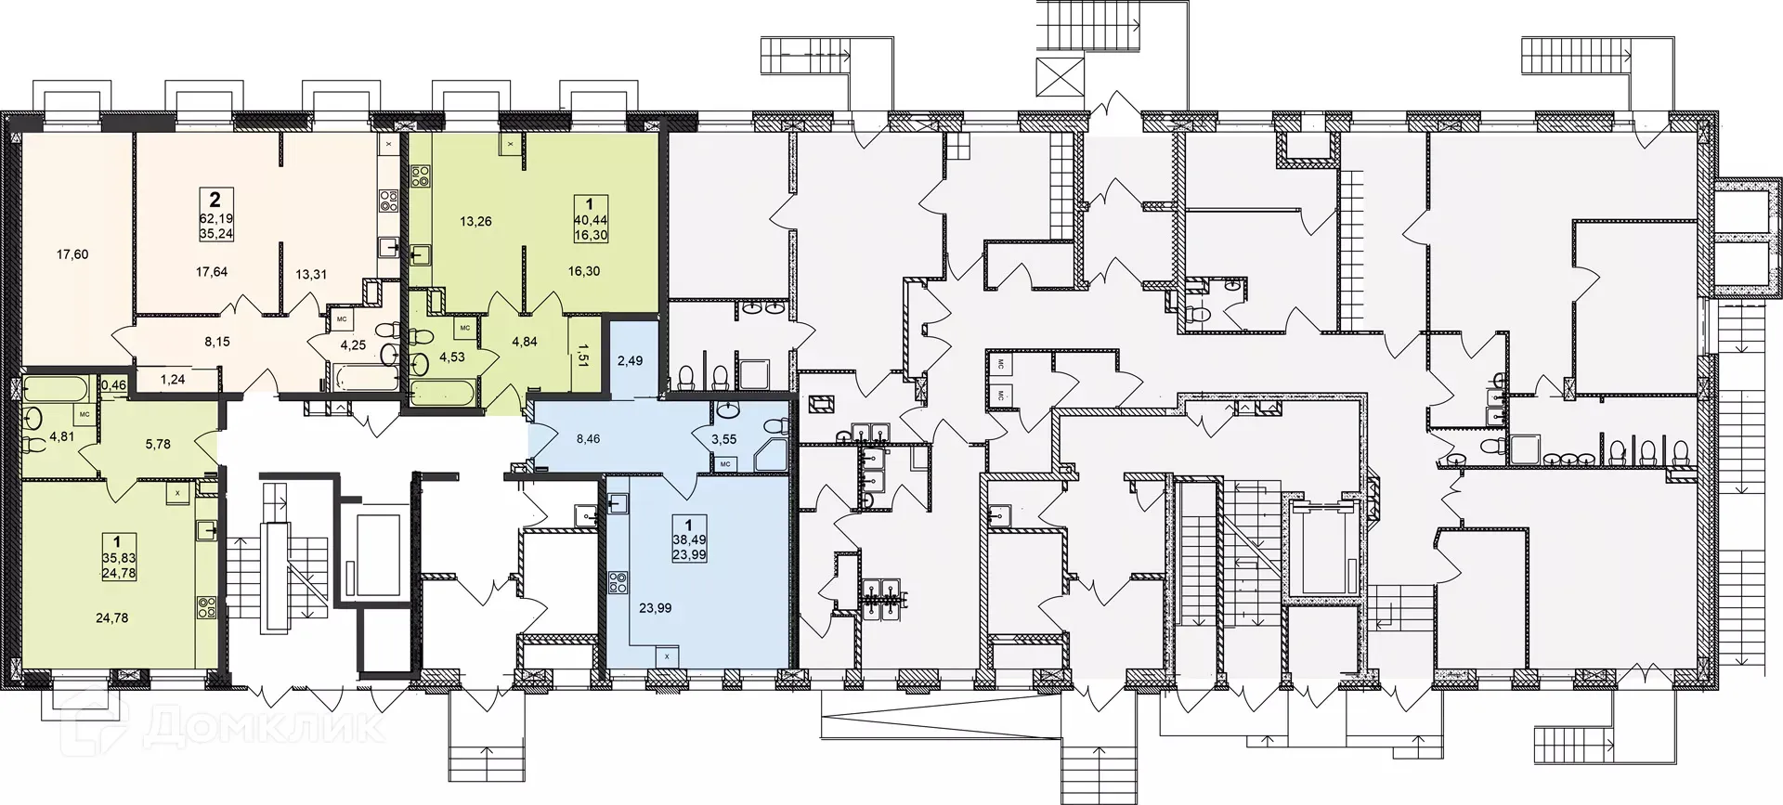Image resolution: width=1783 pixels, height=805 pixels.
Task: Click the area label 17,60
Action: (72, 254)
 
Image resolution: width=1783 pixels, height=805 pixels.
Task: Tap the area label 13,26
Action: (475, 221)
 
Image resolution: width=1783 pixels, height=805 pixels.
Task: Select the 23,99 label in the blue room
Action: (656, 609)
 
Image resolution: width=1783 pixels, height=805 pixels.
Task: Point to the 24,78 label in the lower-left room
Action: (112, 617)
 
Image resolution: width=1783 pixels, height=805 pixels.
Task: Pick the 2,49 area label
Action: (630, 360)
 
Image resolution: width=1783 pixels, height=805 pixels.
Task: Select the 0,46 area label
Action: (113, 383)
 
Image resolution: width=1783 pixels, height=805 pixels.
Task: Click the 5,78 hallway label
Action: (158, 445)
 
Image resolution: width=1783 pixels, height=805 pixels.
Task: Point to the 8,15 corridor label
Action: (216, 342)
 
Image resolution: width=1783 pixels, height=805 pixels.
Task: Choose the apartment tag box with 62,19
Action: (215, 214)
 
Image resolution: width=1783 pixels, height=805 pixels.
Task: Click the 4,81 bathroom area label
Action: (61, 436)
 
